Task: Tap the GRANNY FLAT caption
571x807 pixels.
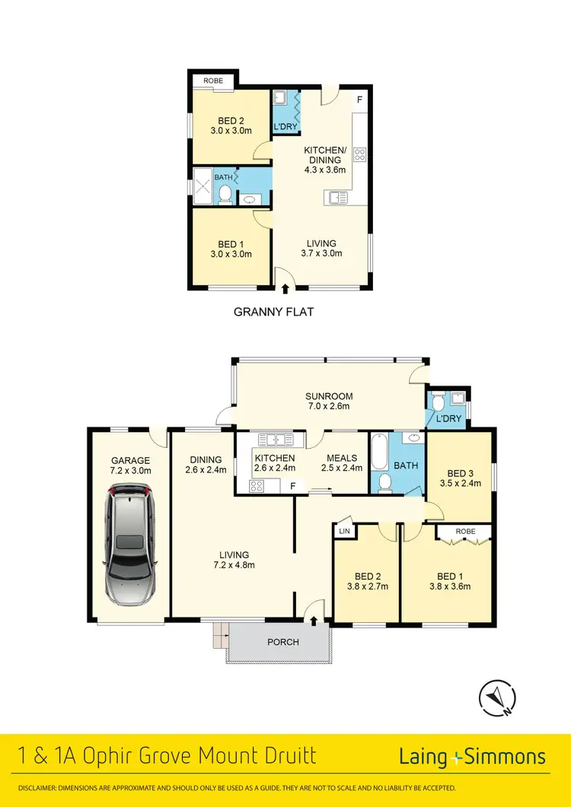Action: tap(273, 311)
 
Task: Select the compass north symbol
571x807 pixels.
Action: tap(498, 696)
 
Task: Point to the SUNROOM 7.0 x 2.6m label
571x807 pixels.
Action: tap(328, 402)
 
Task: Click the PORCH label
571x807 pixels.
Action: tap(282, 642)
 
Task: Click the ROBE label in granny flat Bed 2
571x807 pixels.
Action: tap(212, 80)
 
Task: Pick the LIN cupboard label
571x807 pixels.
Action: tap(343, 530)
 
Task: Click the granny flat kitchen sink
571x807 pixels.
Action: tap(337, 198)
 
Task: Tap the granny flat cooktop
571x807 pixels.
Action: tap(360, 155)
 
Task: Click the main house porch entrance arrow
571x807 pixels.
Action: tap(314, 621)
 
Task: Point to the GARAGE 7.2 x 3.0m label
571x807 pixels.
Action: tap(130, 465)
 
